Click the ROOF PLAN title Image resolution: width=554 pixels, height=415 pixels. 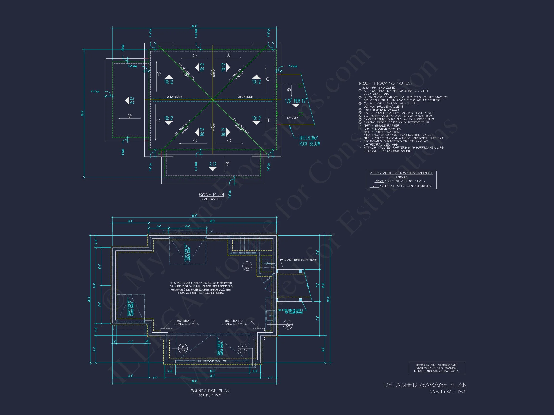[x=211, y=194]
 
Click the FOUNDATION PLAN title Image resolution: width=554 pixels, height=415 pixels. [x=210, y=391]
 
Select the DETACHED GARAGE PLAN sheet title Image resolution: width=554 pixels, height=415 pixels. [x=425, y=385]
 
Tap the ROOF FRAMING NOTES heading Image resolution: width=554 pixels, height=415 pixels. [x=385, y=83]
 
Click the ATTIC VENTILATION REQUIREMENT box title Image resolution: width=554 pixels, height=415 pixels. [x=401, y=173]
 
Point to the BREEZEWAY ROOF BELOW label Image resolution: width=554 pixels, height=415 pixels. [x=309, y=141]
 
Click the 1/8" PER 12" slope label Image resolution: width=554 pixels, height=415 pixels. [x=296, y=101]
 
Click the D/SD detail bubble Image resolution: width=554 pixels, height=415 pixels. [x=288, y=324]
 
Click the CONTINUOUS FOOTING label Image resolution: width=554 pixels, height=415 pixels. [x=212, y=360]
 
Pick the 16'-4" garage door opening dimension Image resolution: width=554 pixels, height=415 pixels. [x=212, y=371]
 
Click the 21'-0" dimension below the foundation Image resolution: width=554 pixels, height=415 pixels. [x=212, y=376]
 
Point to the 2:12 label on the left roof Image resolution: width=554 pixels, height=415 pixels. [x=132, y=100]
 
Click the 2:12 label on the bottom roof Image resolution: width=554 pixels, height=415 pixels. [x=213, y=164]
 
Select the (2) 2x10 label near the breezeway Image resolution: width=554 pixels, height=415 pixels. [x=292, y=118]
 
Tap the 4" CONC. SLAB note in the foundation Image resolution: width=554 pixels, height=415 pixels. [x=201, y=288]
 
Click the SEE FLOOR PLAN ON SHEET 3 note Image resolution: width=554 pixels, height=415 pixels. [x=290, y=311]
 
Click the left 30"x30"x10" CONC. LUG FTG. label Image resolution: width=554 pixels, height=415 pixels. [x=186, y=322]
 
